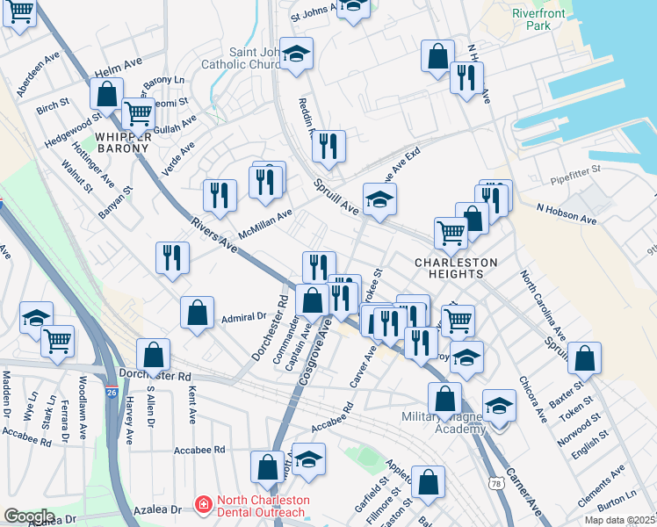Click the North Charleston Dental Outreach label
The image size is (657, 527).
coord(263,507)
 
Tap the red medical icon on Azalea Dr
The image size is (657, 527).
coord(203,504)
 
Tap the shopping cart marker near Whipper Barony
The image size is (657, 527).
coord(138,112)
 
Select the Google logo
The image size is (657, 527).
coord(29,516)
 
